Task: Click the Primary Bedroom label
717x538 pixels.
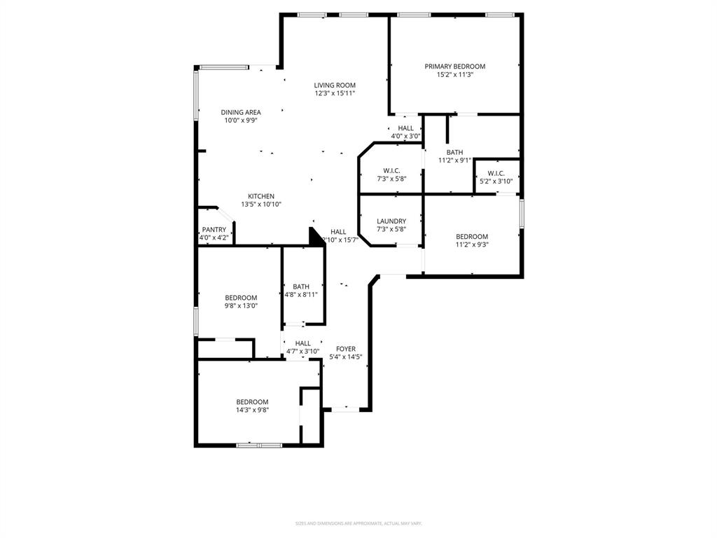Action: pos(454,67)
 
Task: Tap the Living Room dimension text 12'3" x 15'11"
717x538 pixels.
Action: pos(335,93)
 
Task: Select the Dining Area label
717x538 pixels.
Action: pos(241,112)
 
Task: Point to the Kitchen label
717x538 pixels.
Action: pos(260,196)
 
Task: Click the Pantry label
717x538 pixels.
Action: pos(214,230)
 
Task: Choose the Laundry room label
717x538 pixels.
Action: pos(391,221)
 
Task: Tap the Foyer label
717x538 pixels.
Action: pos(345,349)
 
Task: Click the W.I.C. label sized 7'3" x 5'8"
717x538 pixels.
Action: pos(391,171)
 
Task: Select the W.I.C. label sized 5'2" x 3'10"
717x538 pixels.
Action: pos(496,173)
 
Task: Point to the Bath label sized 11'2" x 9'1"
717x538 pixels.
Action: pos(454,152)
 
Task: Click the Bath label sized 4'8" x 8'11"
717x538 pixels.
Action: pos(301,287)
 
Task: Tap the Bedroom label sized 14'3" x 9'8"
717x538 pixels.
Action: pos(252,402)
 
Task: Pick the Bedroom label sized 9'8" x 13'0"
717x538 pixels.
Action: pos(240,298)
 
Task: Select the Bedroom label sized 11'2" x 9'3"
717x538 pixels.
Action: pos(471,237)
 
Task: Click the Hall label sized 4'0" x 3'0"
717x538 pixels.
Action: pos(405,128)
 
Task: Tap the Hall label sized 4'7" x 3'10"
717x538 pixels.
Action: pos(302,343)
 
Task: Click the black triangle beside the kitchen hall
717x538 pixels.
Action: pos(314,236)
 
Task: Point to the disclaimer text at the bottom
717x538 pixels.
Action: pos(358,523)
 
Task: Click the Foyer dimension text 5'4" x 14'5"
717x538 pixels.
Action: pos(345,357)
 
